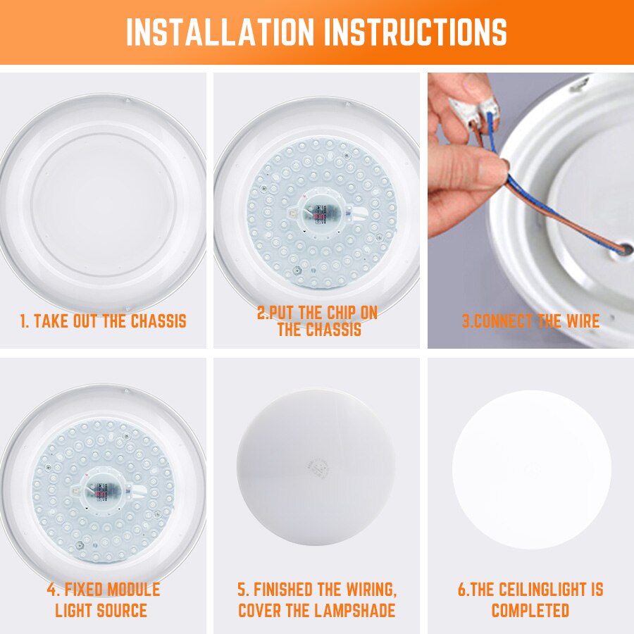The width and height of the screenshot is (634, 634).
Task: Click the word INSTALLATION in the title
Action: [220, 32]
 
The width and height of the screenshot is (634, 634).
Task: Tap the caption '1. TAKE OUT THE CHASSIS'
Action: [103, 322]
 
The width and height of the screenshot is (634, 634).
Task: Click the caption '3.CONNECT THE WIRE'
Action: [530, 322]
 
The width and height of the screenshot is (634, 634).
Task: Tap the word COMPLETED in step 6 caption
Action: [530, 610]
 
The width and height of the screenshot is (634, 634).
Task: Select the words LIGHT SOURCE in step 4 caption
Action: [101, 610]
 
